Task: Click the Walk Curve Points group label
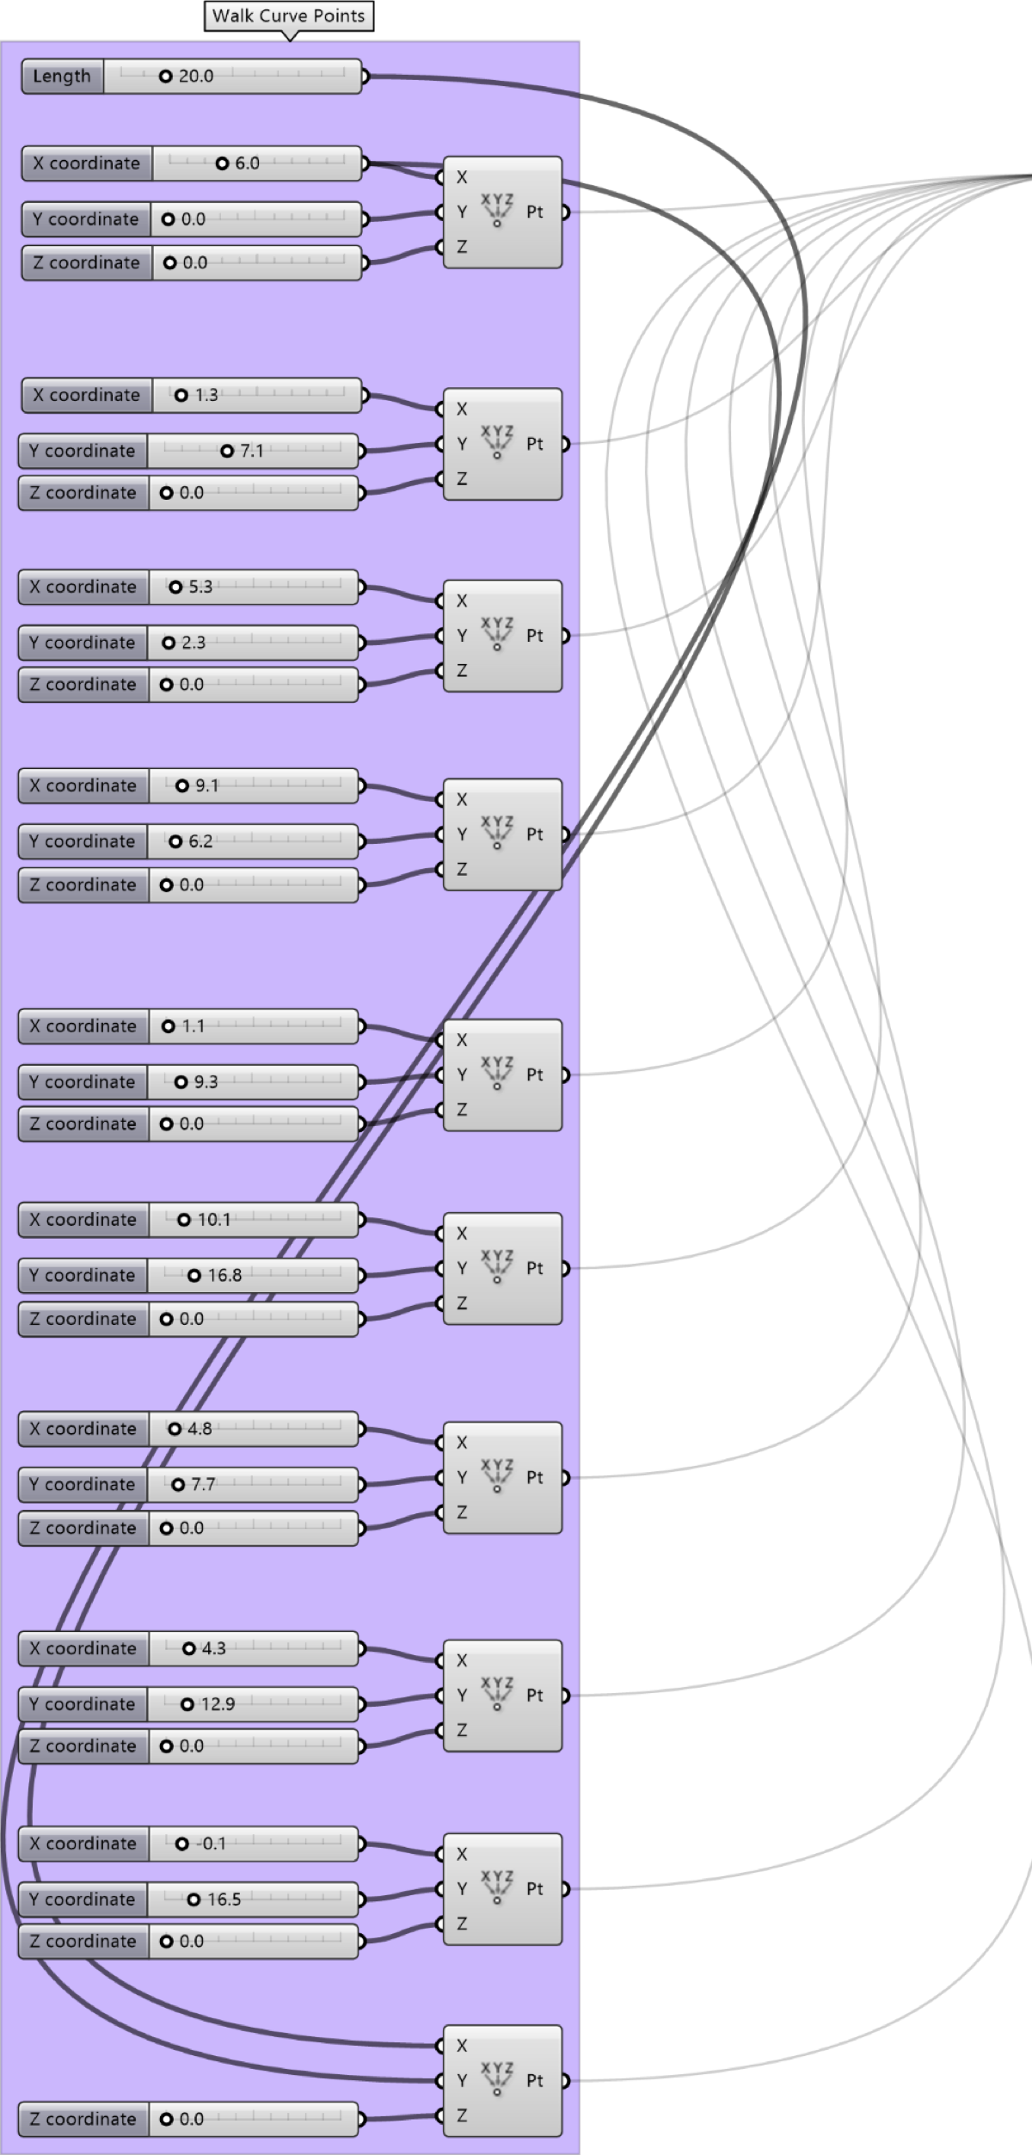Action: pos(289,15)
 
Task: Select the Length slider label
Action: pos(61,76)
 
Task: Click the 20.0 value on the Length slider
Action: pos(196,76)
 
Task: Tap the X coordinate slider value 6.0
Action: pos(247,163)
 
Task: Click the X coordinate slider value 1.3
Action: pos(206,395)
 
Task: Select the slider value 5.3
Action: pos(200,587)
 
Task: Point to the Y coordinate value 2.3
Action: pos(193,643)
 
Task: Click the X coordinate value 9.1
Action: pos(207,785)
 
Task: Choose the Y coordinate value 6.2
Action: pos(200,841)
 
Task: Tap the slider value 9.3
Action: pos(206,1081)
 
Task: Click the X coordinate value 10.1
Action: pos(214,1219)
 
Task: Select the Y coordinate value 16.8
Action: pos(224,1275)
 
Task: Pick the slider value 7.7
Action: pos(203,1484)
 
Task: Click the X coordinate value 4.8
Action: pos(200,1428)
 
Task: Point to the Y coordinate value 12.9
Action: pos(218,1703)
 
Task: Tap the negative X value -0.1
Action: pos(211,1844)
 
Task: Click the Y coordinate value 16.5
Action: pos(224,1899)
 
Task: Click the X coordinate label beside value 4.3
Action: pos(83,1648)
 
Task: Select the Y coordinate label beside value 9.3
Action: pos(82,1081)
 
